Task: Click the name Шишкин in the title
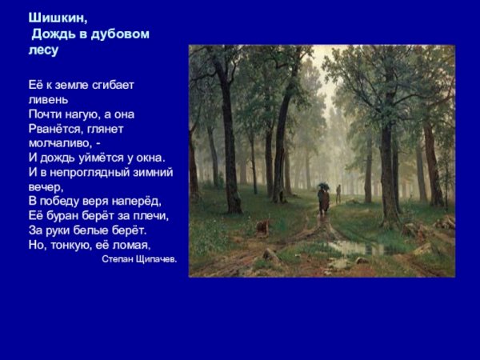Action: tap(53, 18)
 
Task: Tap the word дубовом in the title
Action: tap(119, 34)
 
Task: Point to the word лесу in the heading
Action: tap(44, 50)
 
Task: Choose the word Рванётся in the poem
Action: tap(54, 128)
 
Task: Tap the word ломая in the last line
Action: tap(133, 243)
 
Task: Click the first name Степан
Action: tap(119, 259)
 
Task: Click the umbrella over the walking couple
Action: tap(322, 186)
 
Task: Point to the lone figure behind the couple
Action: tap(338, 194)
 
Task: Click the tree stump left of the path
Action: tap(262, 228)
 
